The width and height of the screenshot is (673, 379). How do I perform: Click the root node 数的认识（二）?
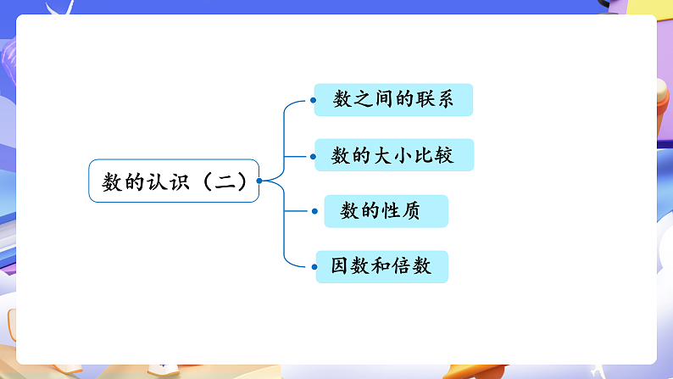click(x=174, y=181)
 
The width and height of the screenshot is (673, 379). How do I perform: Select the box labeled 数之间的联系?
click(x=392, y=100)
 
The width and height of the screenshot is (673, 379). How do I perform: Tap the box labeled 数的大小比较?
click(x=394, y=155)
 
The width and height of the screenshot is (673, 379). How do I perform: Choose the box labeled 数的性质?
click(x=386, y=211)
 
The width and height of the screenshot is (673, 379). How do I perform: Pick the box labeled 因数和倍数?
click(x=381, y=266)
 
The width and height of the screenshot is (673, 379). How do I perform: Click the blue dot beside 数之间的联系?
click(x=313, y=100)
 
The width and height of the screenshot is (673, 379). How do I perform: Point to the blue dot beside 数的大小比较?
click(x=313, y=156)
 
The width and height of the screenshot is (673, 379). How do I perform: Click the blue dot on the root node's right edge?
click(x=259, y=181)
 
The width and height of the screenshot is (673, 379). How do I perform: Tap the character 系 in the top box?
click(x=443, y=100)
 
